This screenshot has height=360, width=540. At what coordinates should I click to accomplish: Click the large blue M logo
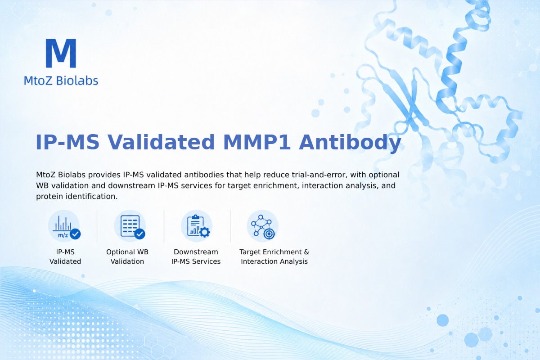tap(61, 53)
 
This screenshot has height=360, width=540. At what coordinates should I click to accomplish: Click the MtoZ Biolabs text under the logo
tap(61, 81)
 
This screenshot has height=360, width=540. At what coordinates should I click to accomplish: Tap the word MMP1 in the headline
tap(257, 142)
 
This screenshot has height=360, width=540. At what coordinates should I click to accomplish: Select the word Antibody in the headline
tap(350, 143)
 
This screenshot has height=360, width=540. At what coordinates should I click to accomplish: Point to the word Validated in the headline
tap(161, 142)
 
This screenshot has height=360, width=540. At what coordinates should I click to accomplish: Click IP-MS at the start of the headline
tap(67, 142)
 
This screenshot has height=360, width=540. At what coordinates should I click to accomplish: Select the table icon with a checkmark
tap(130, 226)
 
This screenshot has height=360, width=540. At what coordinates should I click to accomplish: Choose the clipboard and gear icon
tap(197, 226)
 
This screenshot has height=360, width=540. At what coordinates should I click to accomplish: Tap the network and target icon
tap(263, 226)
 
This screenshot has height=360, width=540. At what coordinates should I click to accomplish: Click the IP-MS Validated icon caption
tap(65, 256)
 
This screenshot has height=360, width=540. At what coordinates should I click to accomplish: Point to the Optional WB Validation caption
tap(127, 256)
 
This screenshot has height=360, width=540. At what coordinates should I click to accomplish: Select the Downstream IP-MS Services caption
tap(196, 256)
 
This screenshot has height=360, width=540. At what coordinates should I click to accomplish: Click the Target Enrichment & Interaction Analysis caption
tap(274, 256)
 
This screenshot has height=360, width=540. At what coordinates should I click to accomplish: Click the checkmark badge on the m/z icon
tap(75, 234)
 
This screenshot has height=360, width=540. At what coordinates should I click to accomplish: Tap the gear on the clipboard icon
tap(205, 232)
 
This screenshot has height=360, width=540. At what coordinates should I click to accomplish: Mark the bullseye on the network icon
tap(269, 234)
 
